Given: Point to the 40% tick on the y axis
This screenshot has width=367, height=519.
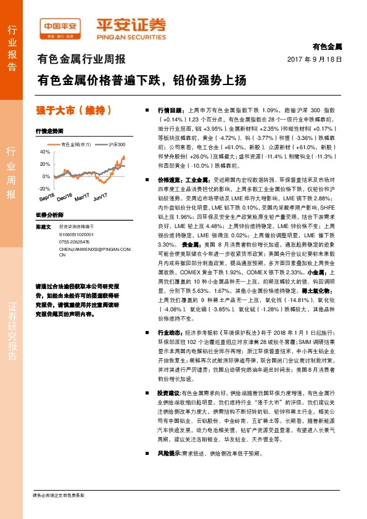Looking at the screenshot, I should (44, 151).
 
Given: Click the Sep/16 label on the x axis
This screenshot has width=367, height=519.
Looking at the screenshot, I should (46, 198).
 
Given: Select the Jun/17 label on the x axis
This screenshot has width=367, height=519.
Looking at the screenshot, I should (100, 198).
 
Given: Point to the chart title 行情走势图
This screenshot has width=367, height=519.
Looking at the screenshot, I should (49, 132).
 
